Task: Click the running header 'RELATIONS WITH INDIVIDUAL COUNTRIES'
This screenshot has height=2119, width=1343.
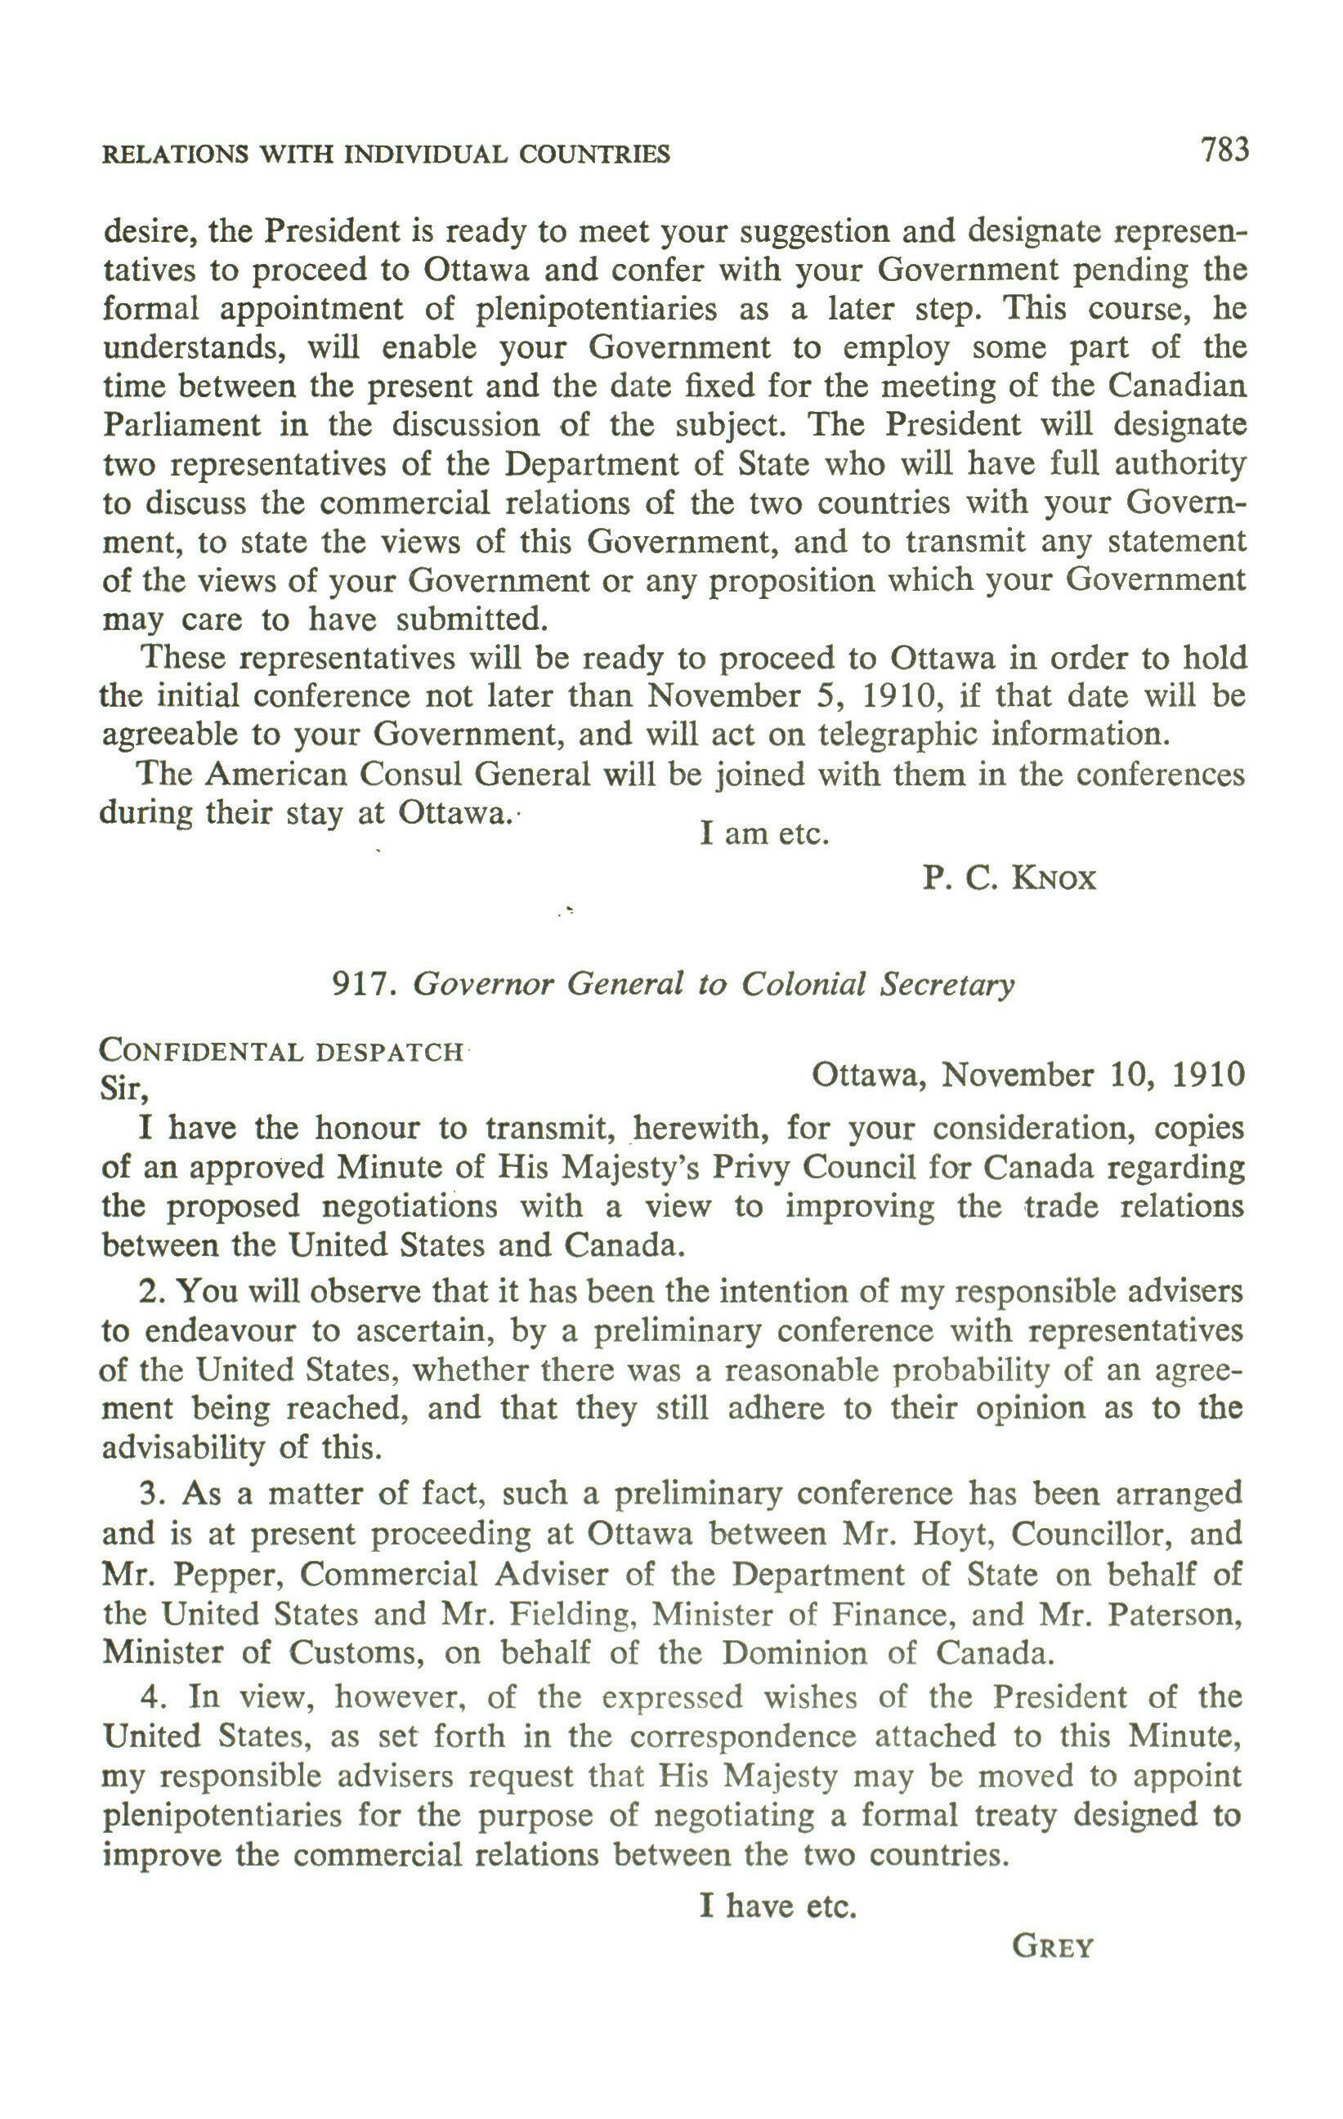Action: click(x=387, y=155)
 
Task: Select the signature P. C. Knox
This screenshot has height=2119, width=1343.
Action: click(x=1009, y=878)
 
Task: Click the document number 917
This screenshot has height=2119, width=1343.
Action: click(x=360, y=984)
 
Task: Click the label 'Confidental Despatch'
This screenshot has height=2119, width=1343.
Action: click(x=282, y=1052)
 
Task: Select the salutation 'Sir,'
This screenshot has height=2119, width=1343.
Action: click(x=125, y=1089)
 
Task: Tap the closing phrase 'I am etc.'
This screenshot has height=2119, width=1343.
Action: click(x=765, y=833)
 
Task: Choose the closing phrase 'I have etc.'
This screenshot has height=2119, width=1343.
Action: click(x=778, y=1906)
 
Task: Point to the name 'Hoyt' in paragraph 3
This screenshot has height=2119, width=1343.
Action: click(x=954, y=1534)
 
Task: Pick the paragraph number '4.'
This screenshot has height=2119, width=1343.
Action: click(x=151, y=1696)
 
